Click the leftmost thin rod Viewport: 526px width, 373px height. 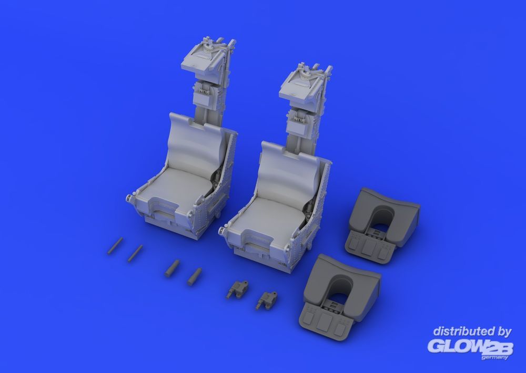click(115, 246)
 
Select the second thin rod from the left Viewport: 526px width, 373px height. click(135, 253)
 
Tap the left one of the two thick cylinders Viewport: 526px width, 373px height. click(173, 268)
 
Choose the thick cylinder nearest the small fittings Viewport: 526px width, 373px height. click(195, 276)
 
